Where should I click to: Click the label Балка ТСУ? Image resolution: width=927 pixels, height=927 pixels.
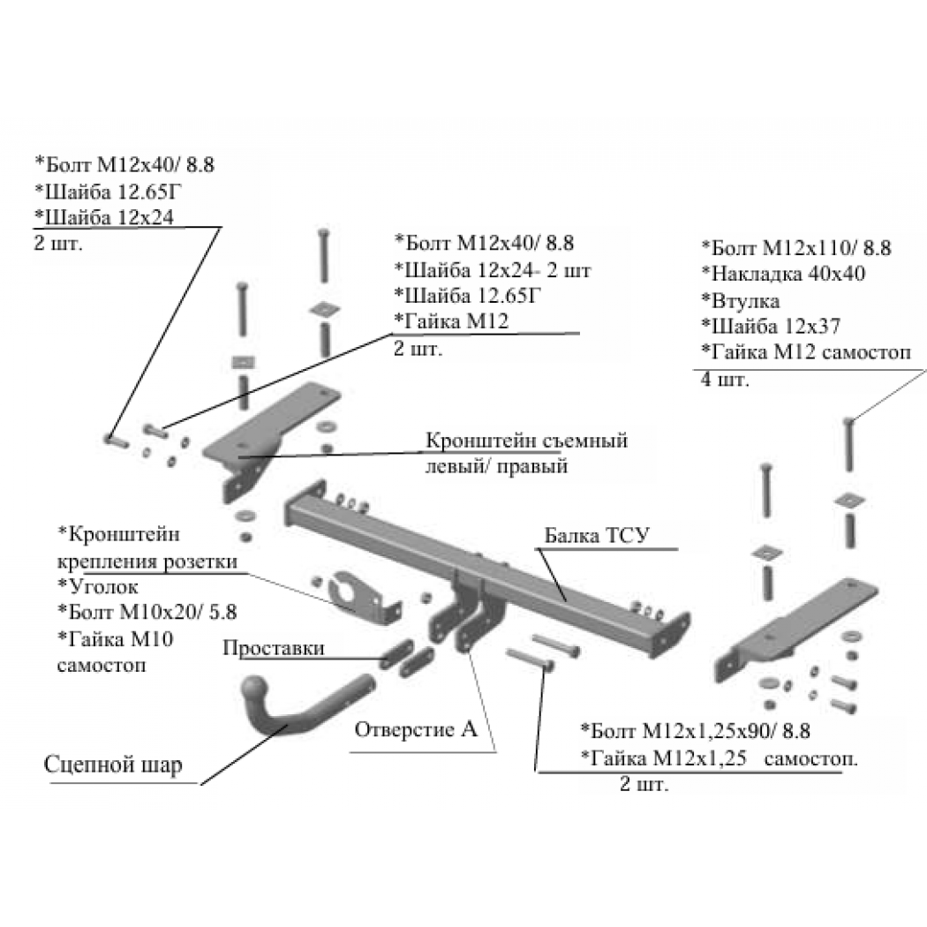click(596, 535)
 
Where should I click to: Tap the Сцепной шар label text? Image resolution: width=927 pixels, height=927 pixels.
click(113, 765)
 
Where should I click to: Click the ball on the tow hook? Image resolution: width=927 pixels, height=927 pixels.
click(255, 690)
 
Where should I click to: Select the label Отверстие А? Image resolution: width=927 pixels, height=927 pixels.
click(416, 729)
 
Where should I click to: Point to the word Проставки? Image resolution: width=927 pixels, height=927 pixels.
click(274, 648)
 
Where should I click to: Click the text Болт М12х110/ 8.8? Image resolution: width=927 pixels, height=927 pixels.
click(801, 248)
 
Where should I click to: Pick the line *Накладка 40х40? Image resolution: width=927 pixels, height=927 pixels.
click(783, 274)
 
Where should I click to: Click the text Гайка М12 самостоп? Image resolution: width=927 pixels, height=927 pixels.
click(811, 352)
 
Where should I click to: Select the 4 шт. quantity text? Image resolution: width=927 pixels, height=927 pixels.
click(725, 379)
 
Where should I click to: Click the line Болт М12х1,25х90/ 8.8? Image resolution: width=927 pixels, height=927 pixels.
click(700, 731)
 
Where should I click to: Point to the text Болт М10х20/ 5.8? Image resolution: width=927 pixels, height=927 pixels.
click(153, 612)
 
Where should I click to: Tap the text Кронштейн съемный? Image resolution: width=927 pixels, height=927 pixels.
click(526, 441)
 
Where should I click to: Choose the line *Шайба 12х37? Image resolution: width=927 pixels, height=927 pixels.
click(771, 327)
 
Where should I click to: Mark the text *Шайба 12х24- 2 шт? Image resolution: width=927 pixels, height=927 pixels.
click(493, 269)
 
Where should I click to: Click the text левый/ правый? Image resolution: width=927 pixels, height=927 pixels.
click(496, 466)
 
